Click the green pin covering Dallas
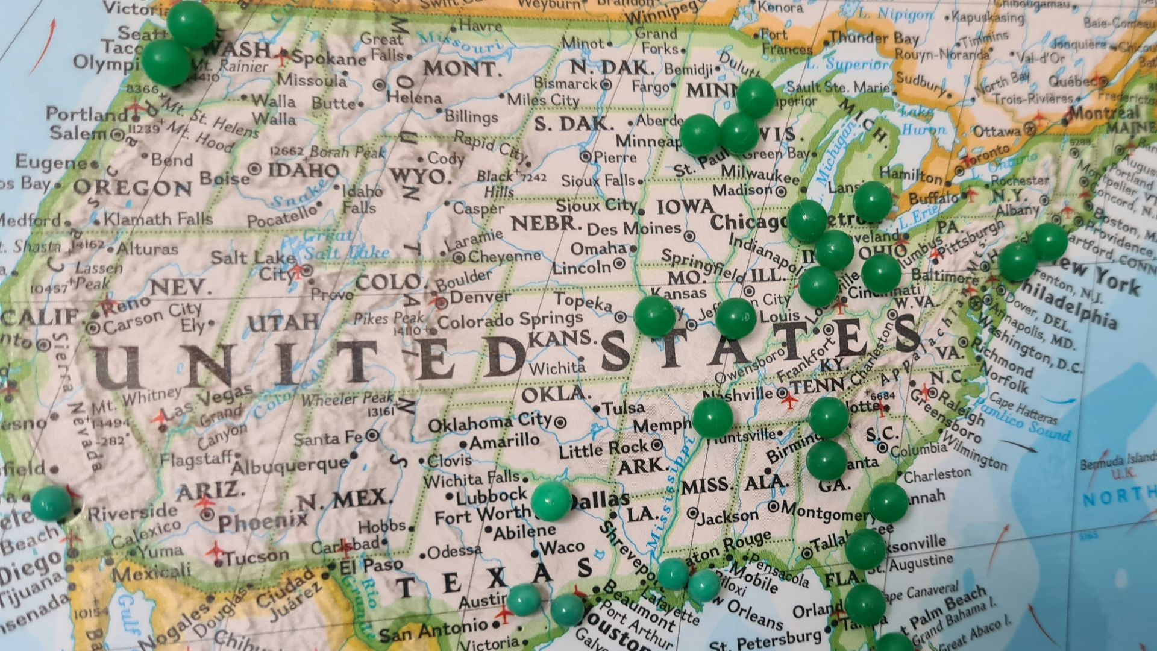tap(551, 500)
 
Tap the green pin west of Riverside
tap(51, 503)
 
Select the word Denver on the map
tap(480, 297)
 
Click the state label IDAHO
tap(303, 170)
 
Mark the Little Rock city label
tap(603, 448)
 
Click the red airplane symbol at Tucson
tap(216, 550)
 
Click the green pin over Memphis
tap(712, 417)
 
